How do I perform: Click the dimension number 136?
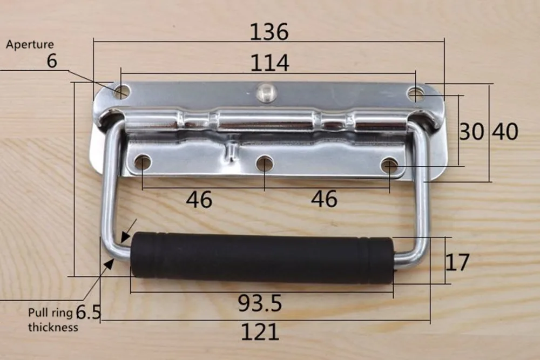269,32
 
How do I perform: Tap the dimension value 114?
269,63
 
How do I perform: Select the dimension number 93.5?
260,303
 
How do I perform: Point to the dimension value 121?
260,332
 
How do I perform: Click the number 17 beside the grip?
457,262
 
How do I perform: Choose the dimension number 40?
505,132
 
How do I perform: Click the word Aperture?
30,44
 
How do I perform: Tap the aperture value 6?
52,61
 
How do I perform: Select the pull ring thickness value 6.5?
88,312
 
